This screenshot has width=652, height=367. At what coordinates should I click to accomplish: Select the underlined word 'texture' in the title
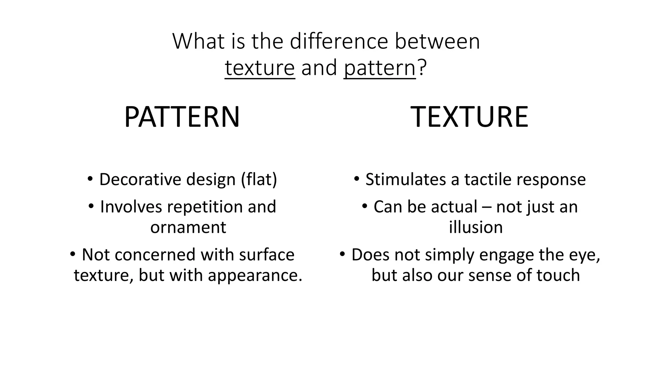click(x=260, y=68)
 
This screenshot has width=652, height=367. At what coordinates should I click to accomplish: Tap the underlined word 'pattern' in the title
click(x=379, y=68)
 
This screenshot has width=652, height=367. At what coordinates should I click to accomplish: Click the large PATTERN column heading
click(x=182, y=117)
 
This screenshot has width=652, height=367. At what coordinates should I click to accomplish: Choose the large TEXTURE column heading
click(x=470, y=117)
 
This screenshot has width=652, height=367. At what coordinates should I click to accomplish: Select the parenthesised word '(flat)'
click(x=259, y=179)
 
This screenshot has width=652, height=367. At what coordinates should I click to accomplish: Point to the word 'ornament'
click(x=188, y=227)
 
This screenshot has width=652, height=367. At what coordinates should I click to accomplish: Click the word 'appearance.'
click(x=255, y=275)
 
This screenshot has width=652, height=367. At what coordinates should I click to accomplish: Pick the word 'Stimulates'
click(x=406, y=179)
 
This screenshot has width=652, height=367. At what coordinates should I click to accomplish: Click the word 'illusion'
click(x=476, y=227)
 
